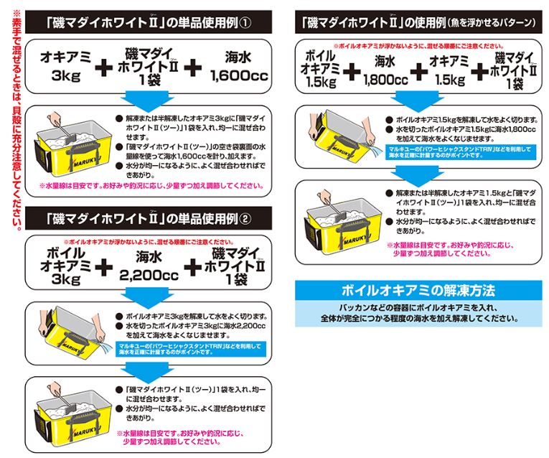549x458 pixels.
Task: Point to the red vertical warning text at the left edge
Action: [14, 122]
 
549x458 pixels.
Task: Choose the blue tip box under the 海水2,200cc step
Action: [189, 349]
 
